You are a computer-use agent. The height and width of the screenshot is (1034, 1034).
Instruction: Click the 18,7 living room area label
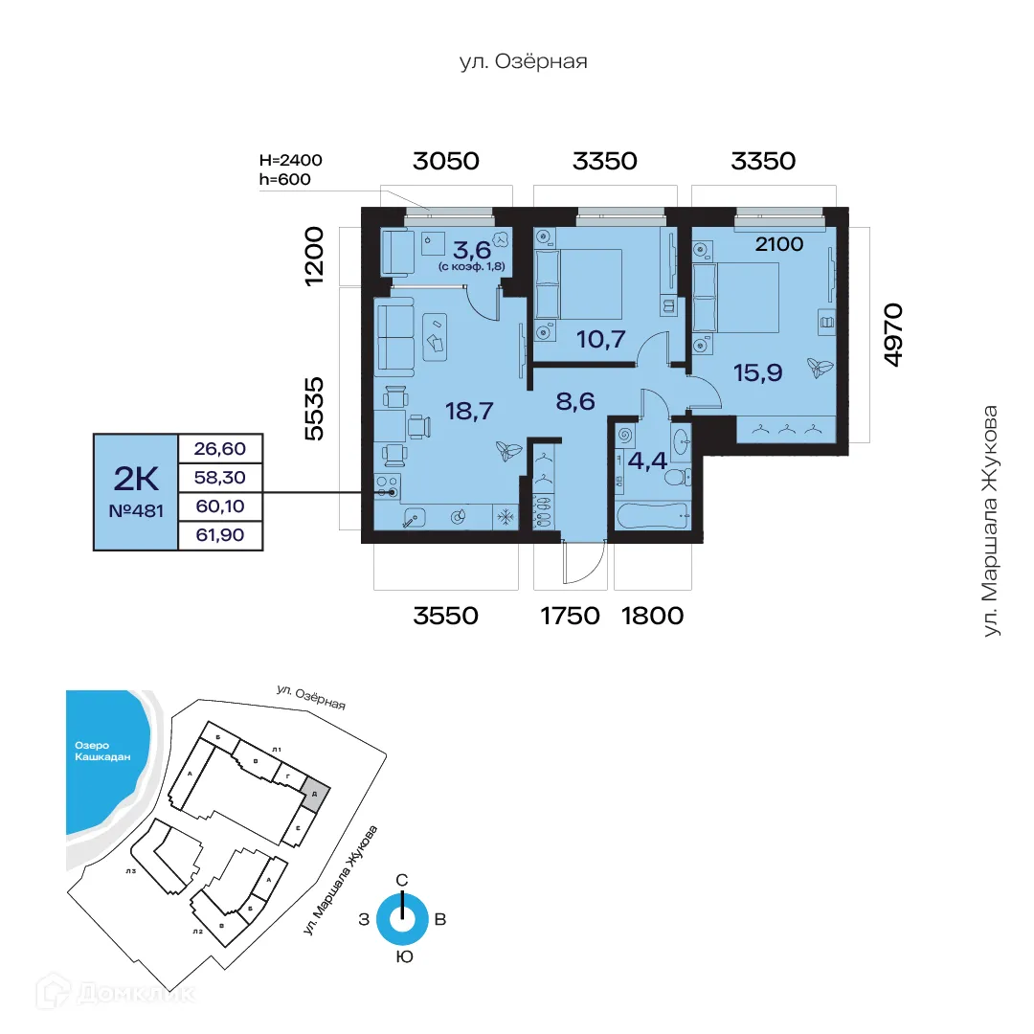point(469,412)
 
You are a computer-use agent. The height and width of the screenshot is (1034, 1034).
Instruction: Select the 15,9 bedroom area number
point(758,371)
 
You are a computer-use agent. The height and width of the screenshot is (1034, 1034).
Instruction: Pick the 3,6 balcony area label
point(472,251)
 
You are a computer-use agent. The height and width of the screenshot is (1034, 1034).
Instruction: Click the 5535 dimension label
point(310,407)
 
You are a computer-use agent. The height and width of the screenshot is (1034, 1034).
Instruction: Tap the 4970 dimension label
point(892,334)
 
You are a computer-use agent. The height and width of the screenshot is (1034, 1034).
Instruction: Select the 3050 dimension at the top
point(445,161)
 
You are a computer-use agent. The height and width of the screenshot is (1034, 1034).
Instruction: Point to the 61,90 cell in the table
point(219,535)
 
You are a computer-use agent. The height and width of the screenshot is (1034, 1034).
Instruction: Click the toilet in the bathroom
point(677,476)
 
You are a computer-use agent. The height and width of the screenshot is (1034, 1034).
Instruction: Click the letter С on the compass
point(403,880)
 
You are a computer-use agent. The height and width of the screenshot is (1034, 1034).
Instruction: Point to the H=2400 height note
point(292,160)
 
